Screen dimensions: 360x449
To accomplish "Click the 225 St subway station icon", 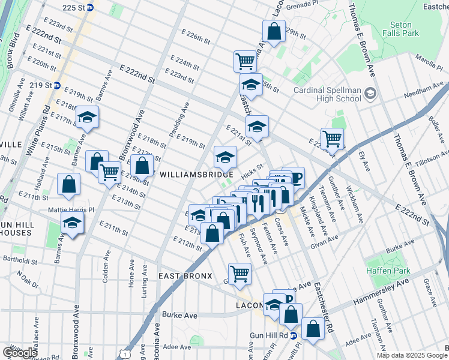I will (90, 8).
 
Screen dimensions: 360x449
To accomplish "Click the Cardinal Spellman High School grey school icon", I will (370, 93).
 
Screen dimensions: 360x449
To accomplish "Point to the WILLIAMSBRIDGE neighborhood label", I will (196, 174).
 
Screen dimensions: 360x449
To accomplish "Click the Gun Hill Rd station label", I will (270, 336).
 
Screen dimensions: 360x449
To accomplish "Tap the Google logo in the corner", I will (20, 352).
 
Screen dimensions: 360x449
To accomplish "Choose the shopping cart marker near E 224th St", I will (245, 60).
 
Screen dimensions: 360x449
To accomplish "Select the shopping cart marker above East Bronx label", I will (240, 273).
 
